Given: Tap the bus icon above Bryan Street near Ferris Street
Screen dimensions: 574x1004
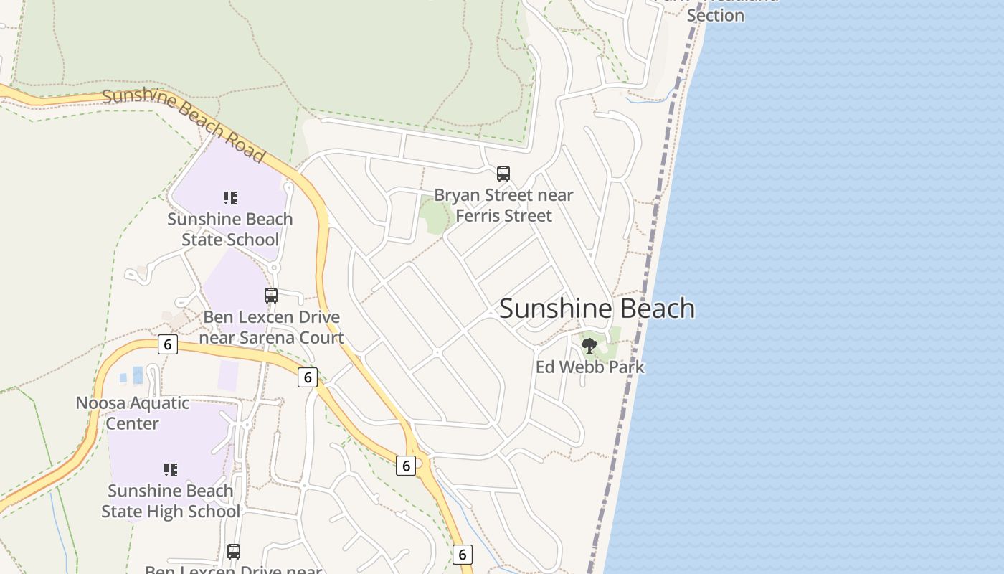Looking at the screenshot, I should coord(503,173).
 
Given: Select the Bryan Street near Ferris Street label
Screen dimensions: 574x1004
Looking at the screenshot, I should coord(503,205).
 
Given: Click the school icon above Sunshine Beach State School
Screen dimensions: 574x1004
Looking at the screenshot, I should coord(229,197).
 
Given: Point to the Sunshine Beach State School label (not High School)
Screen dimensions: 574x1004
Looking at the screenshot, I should coord(229,229).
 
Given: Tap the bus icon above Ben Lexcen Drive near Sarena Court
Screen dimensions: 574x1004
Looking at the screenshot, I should coord(271,295).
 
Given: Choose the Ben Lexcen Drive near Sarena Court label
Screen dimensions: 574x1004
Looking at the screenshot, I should coord(271,326).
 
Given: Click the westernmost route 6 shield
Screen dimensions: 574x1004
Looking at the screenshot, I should coord(168,344).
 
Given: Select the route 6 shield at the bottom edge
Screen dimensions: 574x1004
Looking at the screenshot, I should coord(463,554).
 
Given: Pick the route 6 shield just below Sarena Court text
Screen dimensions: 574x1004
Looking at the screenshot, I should coord(308,377).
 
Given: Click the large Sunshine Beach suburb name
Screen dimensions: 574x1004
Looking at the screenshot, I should coord(597,309).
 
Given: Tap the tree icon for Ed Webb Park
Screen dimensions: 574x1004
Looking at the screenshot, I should coord(589,346).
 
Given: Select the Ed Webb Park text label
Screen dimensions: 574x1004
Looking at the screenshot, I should coord(589,367).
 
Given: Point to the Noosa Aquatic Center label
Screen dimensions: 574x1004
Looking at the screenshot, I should coord(133,413).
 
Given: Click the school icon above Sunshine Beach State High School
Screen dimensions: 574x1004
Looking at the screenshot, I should coord(170,470).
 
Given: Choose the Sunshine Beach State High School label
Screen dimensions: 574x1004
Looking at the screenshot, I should coord(170,501).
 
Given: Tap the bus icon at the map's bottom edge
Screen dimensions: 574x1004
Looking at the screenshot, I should coord(234,551).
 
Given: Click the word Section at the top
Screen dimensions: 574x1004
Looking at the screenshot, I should coord(715,15).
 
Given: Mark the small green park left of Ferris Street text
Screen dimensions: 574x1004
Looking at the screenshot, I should coord(435,216).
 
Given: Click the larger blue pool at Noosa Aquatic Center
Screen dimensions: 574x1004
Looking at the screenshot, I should coord(138,375).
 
